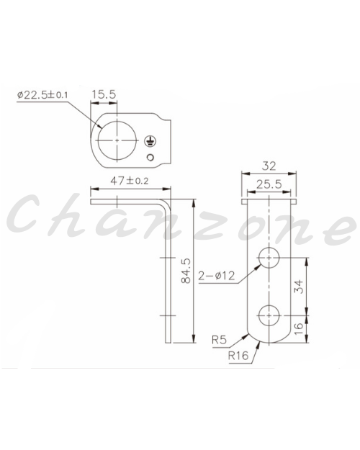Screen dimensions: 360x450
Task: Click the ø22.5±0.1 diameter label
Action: [42, 95]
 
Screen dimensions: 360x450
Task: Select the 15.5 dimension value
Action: [104, 94]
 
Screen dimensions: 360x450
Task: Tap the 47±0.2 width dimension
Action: [130, 181]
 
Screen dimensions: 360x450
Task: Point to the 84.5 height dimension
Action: [186, 271]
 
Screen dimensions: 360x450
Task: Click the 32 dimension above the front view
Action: [269, 166]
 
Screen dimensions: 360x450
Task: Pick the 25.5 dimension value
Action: [269, 184]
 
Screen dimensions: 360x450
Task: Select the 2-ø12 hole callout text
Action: [217, 276]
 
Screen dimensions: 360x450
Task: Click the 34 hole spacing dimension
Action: [299, 287]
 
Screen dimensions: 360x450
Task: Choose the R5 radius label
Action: [219, 340]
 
